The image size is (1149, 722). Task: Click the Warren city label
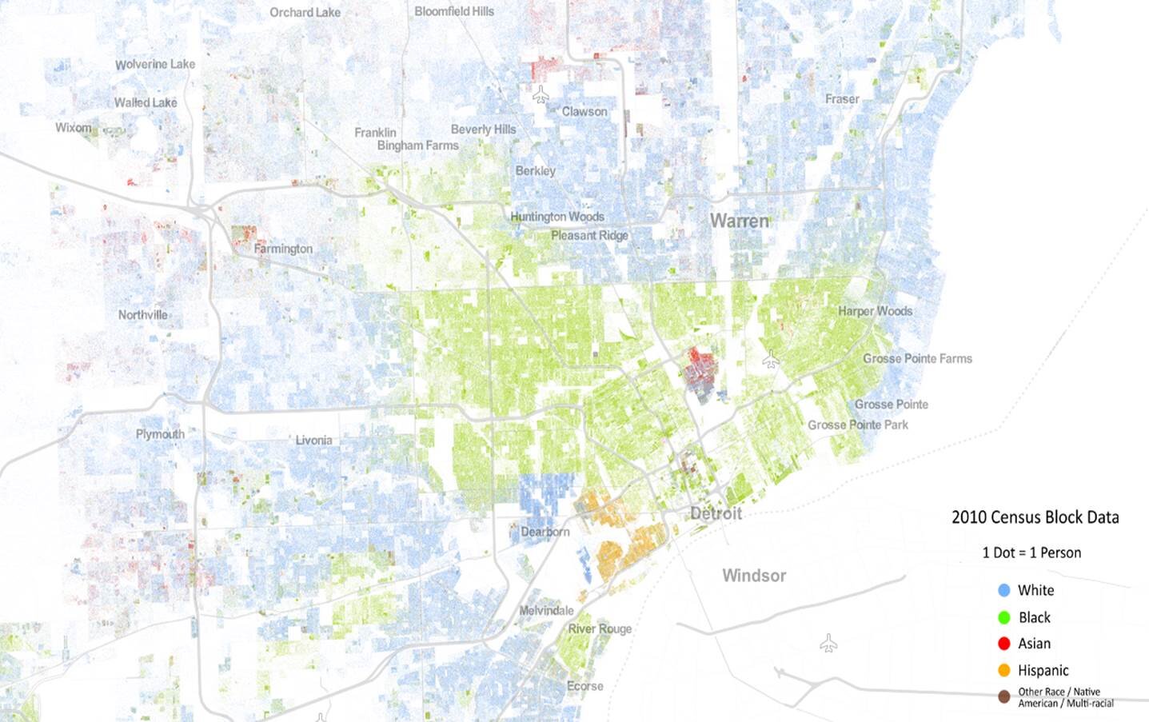click(739, 221)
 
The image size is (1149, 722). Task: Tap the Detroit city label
click(716, 513)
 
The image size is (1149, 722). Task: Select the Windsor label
click(753, 576)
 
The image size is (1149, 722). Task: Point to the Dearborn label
click(545, 532)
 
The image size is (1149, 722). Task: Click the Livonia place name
click(313, 441)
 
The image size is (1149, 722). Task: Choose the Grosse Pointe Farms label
click(917, 358)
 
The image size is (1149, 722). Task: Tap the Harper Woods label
click(875, 311)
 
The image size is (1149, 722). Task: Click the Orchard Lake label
click(305, 12)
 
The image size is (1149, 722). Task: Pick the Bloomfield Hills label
click(453, 11)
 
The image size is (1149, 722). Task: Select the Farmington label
click(283, 249)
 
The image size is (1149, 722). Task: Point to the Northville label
click(143, 315)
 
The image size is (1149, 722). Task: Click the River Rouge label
click(600, 628)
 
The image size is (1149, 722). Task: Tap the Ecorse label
click(584, 686)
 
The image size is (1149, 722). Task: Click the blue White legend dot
click(1004, 591)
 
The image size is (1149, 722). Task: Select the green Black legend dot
click(1004, 617)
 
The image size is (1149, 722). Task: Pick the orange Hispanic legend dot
click(1004, 670)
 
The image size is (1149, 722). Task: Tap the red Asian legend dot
click(1004, 644)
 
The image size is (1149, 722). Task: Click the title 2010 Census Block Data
click(1035, 517)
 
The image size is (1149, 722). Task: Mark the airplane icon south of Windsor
click(828, 643)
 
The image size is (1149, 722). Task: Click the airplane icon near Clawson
click(541, 95)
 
